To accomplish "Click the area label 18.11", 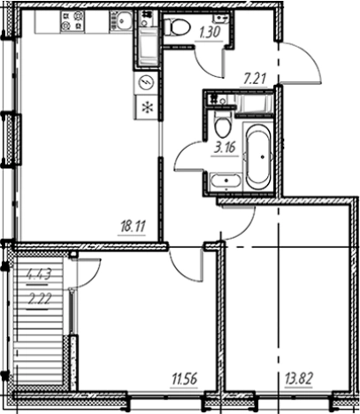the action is click(x=132, y=227).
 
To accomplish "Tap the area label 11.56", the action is click(x=184, y=379).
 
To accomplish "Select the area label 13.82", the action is click(x=299, y=379).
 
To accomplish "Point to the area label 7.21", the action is click(x=255, y=79).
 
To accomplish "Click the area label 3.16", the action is click(x=226, y=148).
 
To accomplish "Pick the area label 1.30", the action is click(x=210, y=33).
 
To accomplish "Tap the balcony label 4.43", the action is click(x=39, y=275).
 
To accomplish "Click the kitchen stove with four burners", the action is click(x=72, y=20).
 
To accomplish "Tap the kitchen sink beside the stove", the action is click(x=121, y=20).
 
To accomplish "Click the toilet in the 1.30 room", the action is click(x=176, y=27).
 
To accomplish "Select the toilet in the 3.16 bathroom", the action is click(x=222, y=125).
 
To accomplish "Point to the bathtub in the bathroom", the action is click(x=258, y=157).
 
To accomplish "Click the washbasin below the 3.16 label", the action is click(x=226, y=180).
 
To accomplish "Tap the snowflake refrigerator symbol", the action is click(x=147, y=108).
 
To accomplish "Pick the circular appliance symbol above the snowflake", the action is click(x=146, y=82).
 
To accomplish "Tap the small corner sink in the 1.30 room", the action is click(x=221, y=19).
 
